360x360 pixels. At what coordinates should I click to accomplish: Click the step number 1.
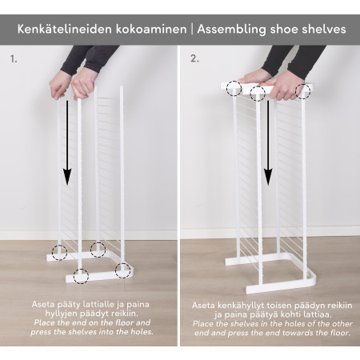click(x=13, y=59)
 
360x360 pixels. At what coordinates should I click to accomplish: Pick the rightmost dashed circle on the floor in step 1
click(x=122, y=269)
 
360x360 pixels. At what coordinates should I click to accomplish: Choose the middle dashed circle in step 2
click(x=258, y=94)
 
